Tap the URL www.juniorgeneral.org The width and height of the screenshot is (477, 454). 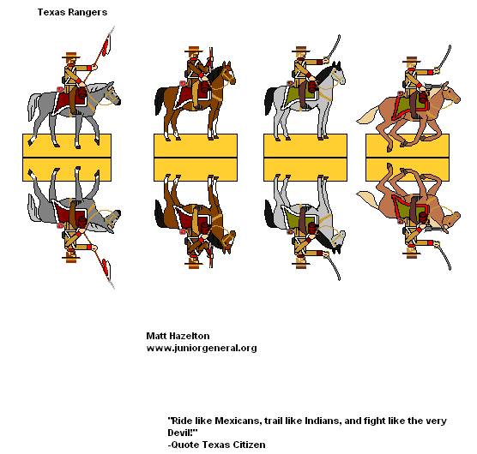coord(202,349)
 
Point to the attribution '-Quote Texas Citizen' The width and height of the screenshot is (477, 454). coord(216,445)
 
